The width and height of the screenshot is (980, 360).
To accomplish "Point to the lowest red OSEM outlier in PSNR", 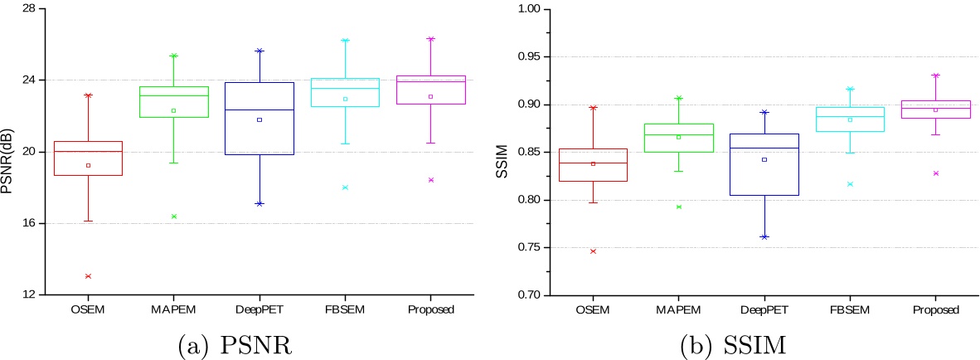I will coord(88,275).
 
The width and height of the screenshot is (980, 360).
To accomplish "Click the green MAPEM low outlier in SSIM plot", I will coord(678,207).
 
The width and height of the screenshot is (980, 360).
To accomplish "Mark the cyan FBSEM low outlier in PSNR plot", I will coord(345,187).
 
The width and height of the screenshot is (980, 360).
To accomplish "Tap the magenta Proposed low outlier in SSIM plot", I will coord(935,173).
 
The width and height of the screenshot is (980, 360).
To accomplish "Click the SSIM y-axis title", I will coord(502,153).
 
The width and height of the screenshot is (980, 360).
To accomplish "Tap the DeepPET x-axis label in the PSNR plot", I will coord(259,309).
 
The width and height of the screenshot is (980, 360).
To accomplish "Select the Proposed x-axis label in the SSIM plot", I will coord(935,309).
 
